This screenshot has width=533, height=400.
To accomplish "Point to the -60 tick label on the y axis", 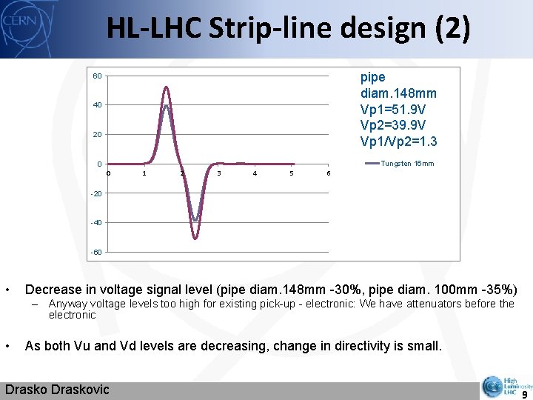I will [95, 252].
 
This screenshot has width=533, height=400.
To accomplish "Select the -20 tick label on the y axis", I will [95, 193].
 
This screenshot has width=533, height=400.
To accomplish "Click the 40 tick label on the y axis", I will [97, 105].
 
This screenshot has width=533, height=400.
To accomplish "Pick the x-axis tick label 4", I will [255, 173].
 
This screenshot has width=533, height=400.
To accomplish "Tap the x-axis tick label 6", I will [328, 173].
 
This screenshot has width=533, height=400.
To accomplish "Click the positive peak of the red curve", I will [167, 87].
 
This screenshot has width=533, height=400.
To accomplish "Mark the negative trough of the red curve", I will [195, 239].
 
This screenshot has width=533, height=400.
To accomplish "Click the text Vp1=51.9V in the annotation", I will [393, 109].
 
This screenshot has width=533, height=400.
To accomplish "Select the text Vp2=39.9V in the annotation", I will [393, 125].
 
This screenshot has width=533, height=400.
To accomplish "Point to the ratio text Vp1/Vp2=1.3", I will [398, 141].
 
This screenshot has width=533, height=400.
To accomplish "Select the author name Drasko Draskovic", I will [57, 390].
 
